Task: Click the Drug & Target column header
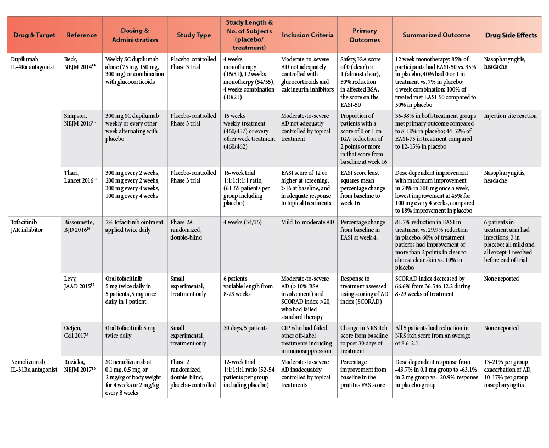click(x=35, y=35)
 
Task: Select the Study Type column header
click(x=193, y=35)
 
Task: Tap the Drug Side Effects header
click(x=511, y=35)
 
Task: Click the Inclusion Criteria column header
click(x=307, y=35)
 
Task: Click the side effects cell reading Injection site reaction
click(x=511, y=116)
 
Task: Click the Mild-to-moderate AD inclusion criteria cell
click(x=304, y=222)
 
